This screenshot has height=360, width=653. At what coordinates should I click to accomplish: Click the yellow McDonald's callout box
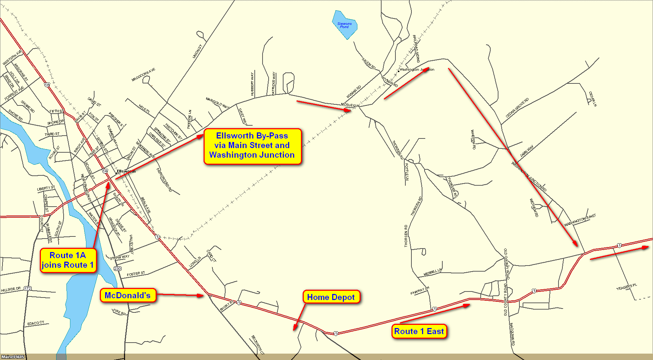(x=128, y=295)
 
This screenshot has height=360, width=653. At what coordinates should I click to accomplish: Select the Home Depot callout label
(x=331, y=297)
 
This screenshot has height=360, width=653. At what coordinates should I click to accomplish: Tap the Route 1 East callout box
(x=419, y=331)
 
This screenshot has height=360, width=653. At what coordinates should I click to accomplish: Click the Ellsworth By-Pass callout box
(x=252, y=146)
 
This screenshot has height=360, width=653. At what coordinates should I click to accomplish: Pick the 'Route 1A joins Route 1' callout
(x=68, y=260)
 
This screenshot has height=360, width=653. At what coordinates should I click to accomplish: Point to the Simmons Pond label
(x=344, y=25)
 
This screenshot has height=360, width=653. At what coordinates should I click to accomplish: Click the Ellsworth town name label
(x=126, y=171)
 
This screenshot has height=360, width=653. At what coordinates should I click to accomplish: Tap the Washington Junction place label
(x=417, y=70)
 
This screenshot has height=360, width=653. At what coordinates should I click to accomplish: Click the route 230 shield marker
(x=118, y=268)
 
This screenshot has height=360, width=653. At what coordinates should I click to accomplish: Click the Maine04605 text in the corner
(x=13, y=357)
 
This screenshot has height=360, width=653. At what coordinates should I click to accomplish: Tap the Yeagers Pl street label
(x=626, y=287)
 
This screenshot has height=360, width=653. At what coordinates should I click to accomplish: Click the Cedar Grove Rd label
(x=517, y=108)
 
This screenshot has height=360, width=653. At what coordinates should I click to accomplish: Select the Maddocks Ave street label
(x=143, y=75)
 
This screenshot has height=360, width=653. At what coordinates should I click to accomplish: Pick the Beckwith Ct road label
(x=258, y=344)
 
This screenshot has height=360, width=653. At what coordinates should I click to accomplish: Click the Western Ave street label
(x=12, y=58)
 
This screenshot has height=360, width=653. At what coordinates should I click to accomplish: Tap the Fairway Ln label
(x=420, y=291)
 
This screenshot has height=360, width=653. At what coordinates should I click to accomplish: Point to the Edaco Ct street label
(x=36, y=323)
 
